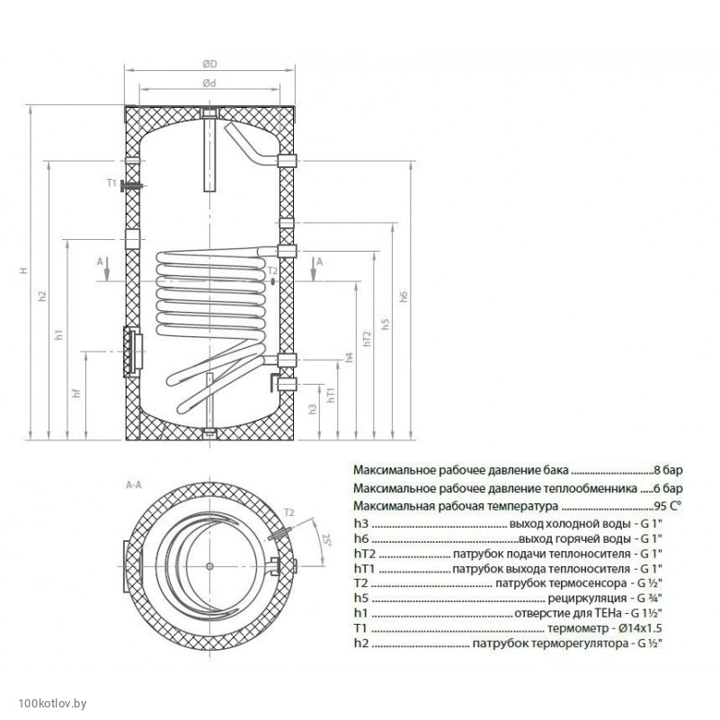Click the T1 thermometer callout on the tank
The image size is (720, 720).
[x=111, y=183]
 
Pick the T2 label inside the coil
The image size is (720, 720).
[x=272, y=271]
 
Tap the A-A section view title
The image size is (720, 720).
[x=135, y=485]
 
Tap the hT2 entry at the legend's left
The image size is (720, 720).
[x=363, y=554]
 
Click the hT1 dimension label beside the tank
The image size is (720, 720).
[x=331, y=398]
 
